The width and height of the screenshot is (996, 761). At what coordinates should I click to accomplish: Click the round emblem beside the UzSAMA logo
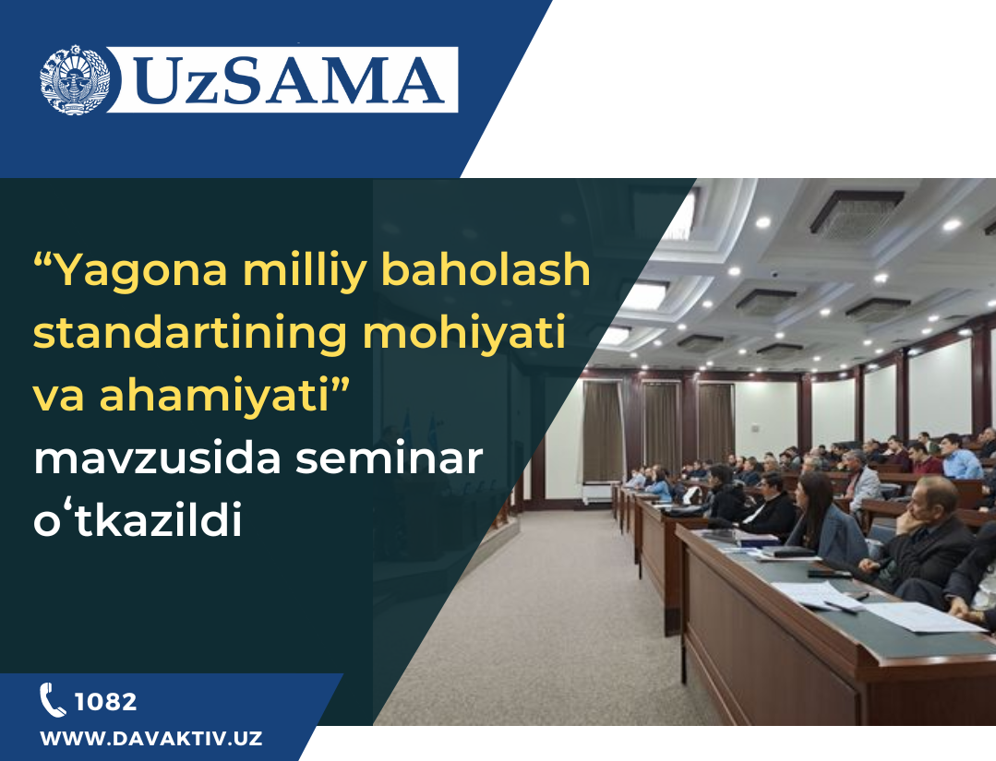click(x=75, y=80)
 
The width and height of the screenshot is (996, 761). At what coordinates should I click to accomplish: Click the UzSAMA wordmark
click(x=290, y=80)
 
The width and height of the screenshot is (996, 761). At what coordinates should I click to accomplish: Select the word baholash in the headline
click(x=486, y=269)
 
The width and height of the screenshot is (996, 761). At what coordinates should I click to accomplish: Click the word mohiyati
click(x=464, y=332)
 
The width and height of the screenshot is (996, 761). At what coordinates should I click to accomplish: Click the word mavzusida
click(x=157, y=458)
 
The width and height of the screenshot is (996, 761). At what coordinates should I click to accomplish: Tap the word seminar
click(x=389, y=458)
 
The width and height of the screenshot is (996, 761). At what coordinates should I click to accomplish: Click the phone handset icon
click(x=52, y=699)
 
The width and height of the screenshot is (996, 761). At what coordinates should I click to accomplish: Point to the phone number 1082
click(x=105, y=702)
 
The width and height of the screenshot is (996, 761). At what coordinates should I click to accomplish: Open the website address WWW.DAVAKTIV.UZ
click(x=151, y=739)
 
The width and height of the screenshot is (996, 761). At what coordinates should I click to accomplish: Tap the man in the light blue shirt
click(x=958, y=457)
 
